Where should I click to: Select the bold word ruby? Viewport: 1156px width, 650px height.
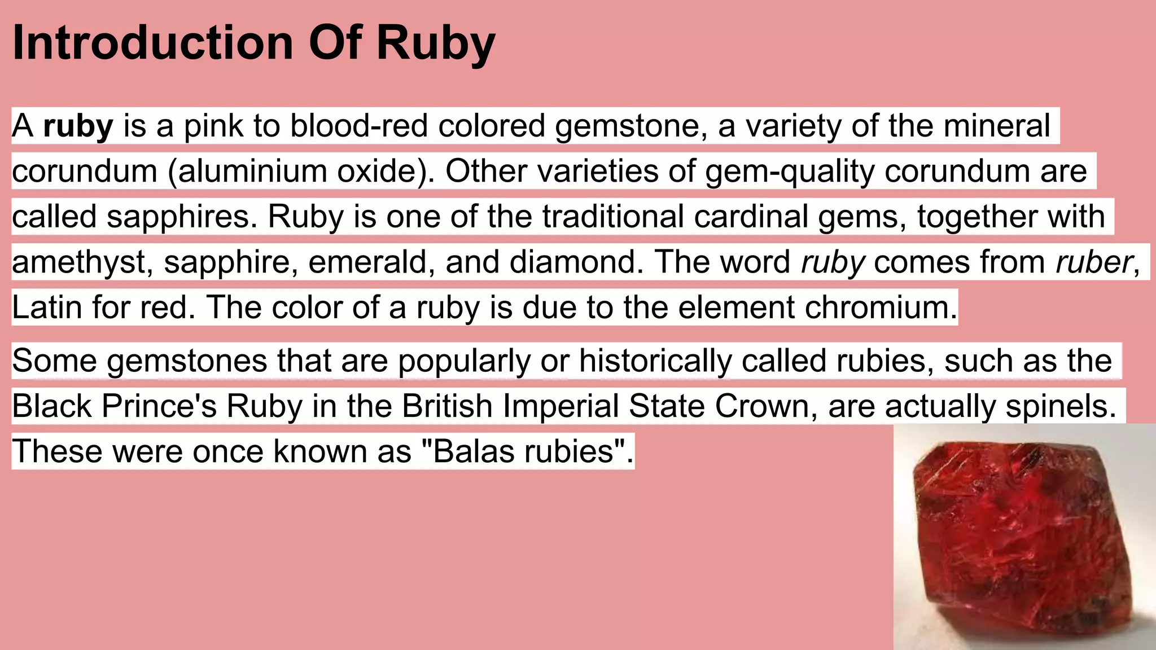(x=78, y=126)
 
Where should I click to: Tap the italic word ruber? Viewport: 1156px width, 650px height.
(x=1093, y=262)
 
